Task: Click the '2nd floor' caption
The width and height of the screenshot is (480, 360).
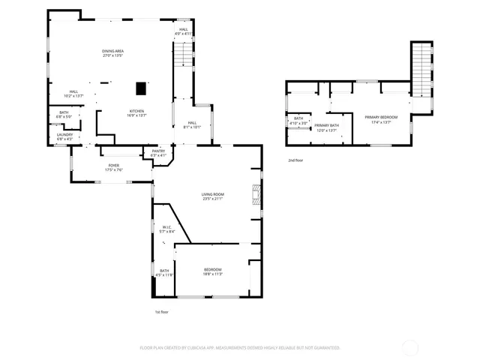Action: [x=295, y=160]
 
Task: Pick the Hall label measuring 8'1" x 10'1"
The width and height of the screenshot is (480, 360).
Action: [x=192, y=124]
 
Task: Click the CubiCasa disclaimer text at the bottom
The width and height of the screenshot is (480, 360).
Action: [x=240, y=347]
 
